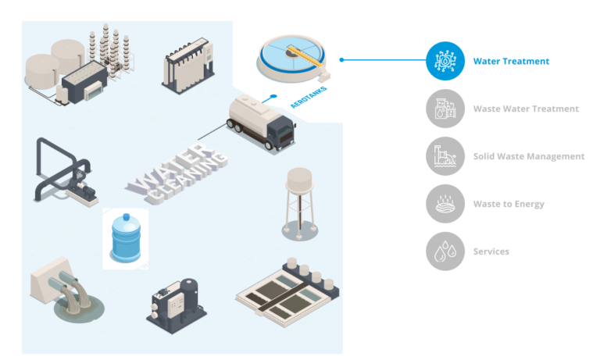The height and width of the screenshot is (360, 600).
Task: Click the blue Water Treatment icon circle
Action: [445, 61]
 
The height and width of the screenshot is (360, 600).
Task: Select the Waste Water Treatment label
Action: [526, 109]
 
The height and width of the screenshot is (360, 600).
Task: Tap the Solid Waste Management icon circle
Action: [445, 156]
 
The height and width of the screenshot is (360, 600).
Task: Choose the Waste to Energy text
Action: [509, 204]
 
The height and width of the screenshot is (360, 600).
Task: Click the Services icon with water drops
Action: [445, 251]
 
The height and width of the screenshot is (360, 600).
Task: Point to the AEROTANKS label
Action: [309, 98]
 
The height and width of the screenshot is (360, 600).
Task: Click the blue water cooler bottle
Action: [126, 239]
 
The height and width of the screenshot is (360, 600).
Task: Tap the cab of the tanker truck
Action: [282, 133]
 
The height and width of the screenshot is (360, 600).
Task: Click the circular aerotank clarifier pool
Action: [292, 59]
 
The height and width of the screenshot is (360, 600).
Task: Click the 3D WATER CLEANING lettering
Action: [177, 173]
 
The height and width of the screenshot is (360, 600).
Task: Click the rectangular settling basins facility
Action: [287, 293]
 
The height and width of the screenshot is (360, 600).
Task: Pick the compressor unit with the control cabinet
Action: [177, 305]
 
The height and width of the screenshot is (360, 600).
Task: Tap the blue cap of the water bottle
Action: [127, 217]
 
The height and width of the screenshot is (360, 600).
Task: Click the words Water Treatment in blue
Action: [511, 61]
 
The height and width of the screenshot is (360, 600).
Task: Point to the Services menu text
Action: [491, 251]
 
